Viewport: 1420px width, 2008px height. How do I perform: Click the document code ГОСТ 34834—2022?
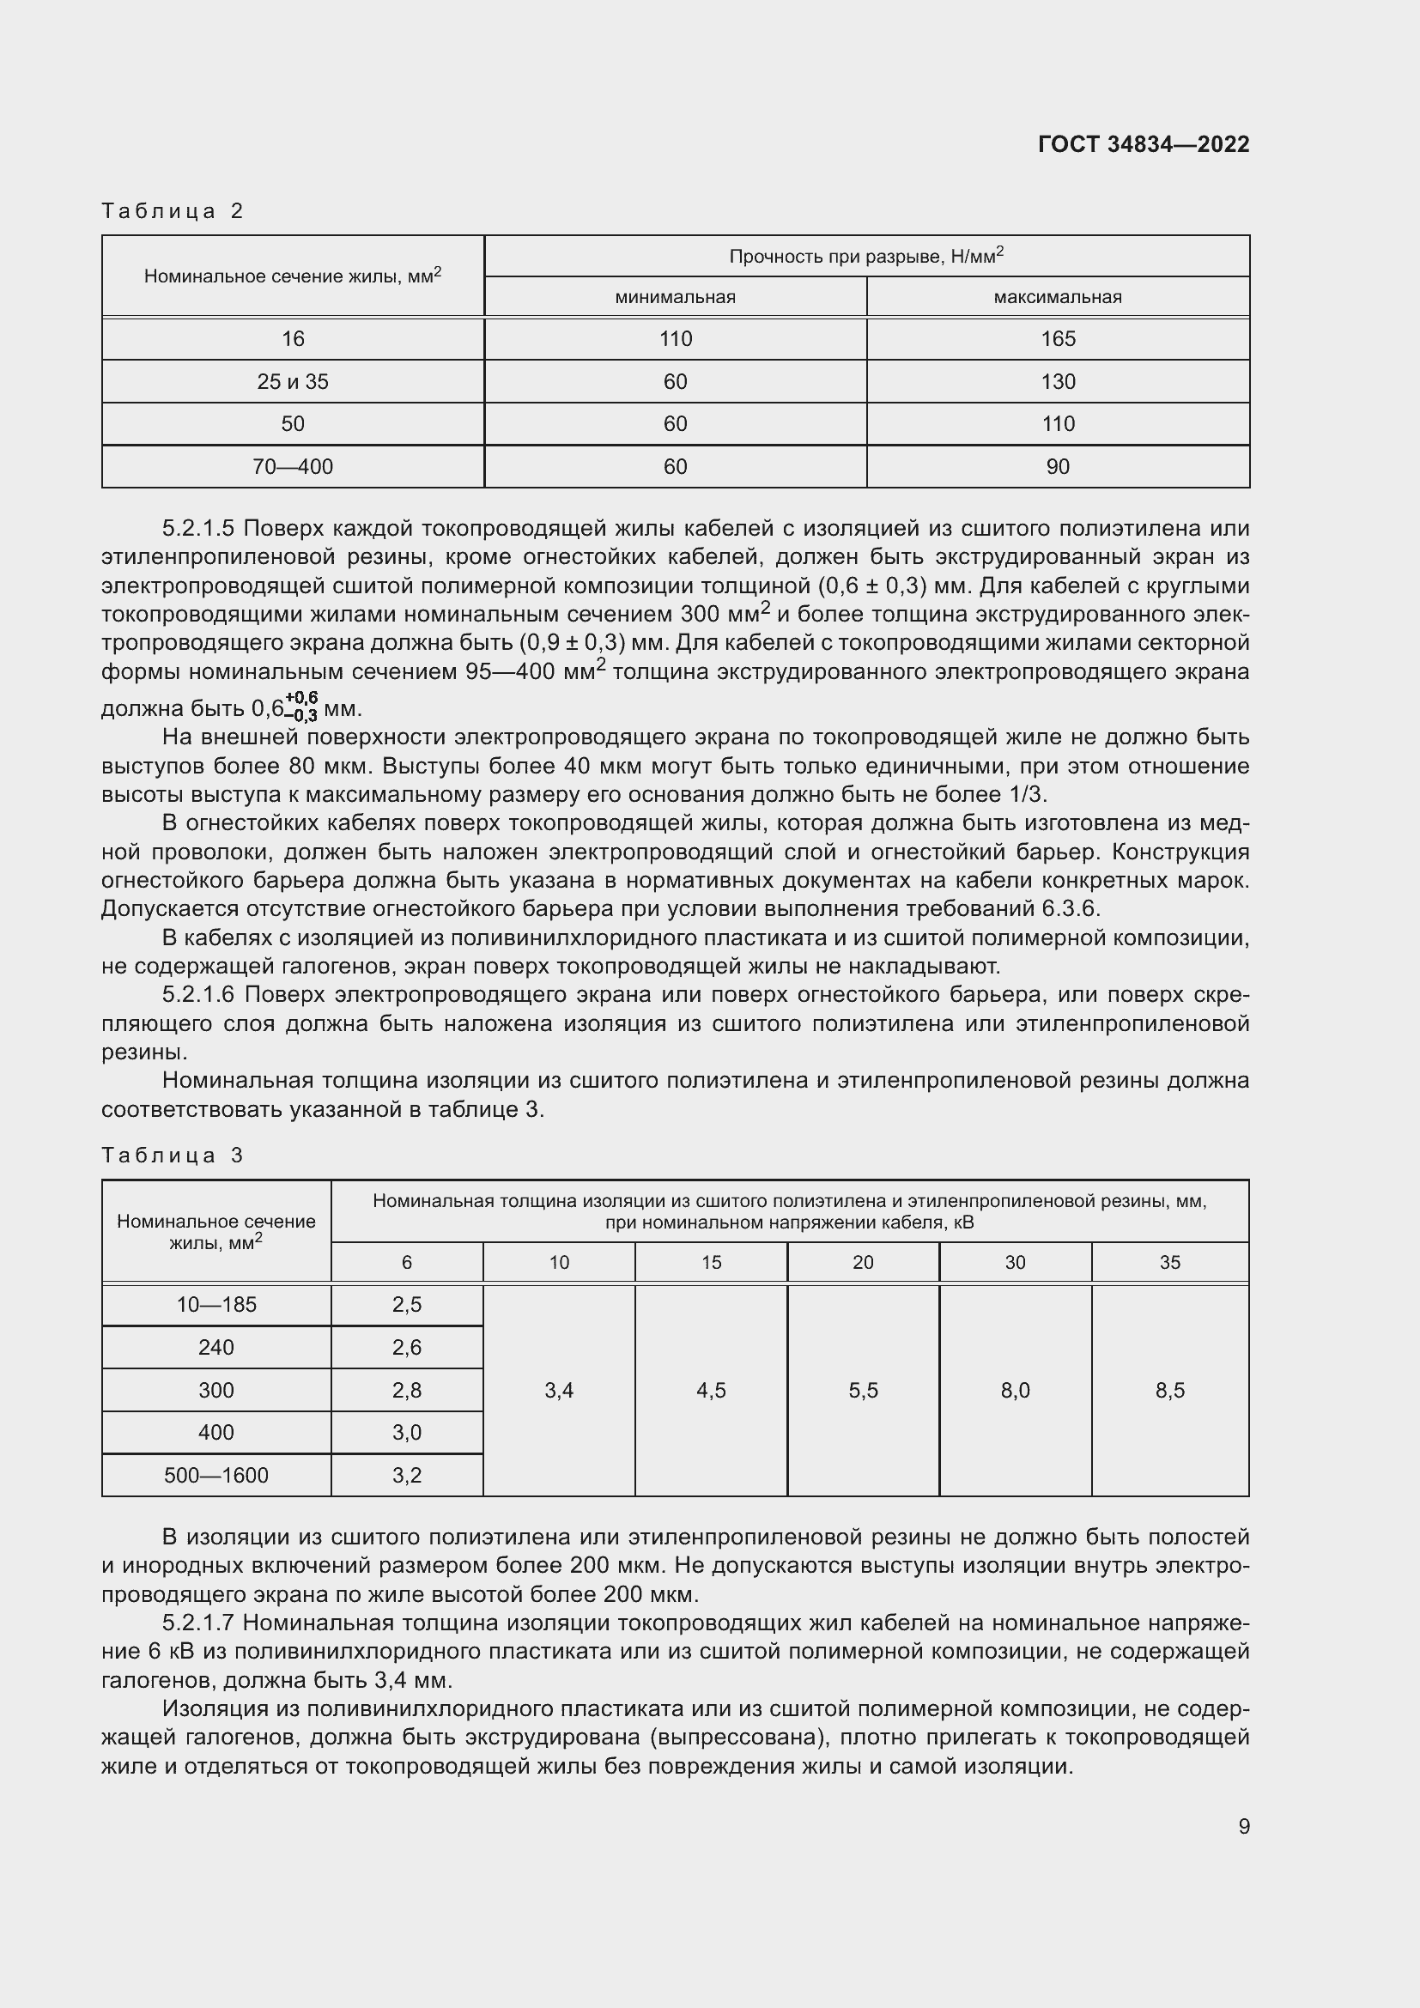[1143, 144]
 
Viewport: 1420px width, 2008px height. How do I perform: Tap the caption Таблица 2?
[173, 211]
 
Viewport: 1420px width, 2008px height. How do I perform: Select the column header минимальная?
[675, 296]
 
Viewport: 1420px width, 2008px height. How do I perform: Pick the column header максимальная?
[1057, 296]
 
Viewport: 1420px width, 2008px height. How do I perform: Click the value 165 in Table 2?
[1057, 338]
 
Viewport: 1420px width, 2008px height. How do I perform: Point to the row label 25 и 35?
[293, 381]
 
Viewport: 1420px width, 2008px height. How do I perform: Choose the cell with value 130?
[1057, 381]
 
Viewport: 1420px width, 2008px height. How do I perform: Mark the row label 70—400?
[293, 466]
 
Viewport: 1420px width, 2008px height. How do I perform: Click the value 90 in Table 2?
[1057, 466]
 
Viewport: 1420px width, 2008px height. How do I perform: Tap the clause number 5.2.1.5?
[198, 528]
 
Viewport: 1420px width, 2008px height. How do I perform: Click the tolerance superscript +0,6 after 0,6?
[300, 697]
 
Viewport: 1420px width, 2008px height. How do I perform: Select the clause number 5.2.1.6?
[198, 994]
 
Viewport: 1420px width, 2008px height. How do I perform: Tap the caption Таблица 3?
[173, 1156]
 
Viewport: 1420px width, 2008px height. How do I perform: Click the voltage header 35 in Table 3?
[1169, 1262]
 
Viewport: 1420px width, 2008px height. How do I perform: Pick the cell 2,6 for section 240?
[407, 1347]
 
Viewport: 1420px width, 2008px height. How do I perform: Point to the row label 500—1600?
[216, 1476]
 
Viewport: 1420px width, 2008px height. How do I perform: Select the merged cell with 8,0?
[1014, 1391]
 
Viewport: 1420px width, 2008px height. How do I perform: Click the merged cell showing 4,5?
[711, 1391]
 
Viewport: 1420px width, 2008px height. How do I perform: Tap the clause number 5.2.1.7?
[198, 1623]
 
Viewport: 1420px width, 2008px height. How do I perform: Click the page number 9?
[1243, 1826]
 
